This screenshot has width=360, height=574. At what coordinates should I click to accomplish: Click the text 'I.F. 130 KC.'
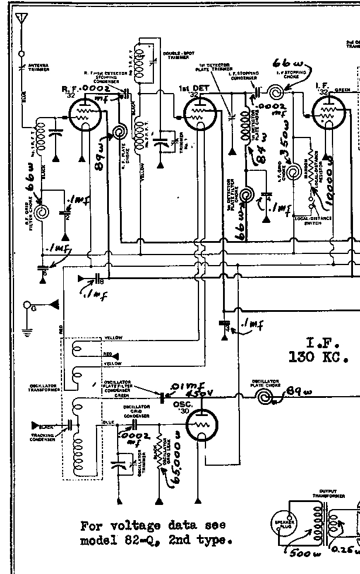[x=324, y=349]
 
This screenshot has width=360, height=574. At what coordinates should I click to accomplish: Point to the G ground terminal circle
[x=27, y=305]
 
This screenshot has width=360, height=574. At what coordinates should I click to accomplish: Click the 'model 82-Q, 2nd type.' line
[x=153, y=541]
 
